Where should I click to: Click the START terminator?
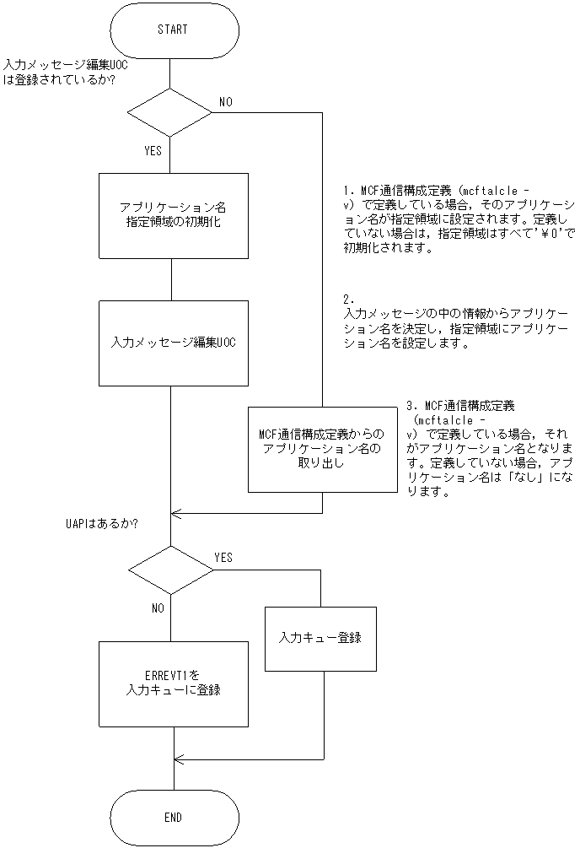point(172,30)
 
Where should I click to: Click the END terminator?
point(172,817)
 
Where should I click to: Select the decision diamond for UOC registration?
point(170,111)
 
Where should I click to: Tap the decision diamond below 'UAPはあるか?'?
point(171,570)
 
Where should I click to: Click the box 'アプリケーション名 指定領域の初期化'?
point(174,215)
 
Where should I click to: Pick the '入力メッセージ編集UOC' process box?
point(174,343)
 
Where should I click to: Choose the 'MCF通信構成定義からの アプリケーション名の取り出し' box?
point(322,448)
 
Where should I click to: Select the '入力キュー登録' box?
point(320,638)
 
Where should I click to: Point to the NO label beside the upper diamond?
point(227,101)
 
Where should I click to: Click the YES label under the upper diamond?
point(153,151)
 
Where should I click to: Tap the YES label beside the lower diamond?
point(223,558)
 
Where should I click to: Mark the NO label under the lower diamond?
point(158,608)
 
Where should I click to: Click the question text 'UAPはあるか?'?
point(102,523)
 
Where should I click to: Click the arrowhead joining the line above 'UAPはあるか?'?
point(176,512)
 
